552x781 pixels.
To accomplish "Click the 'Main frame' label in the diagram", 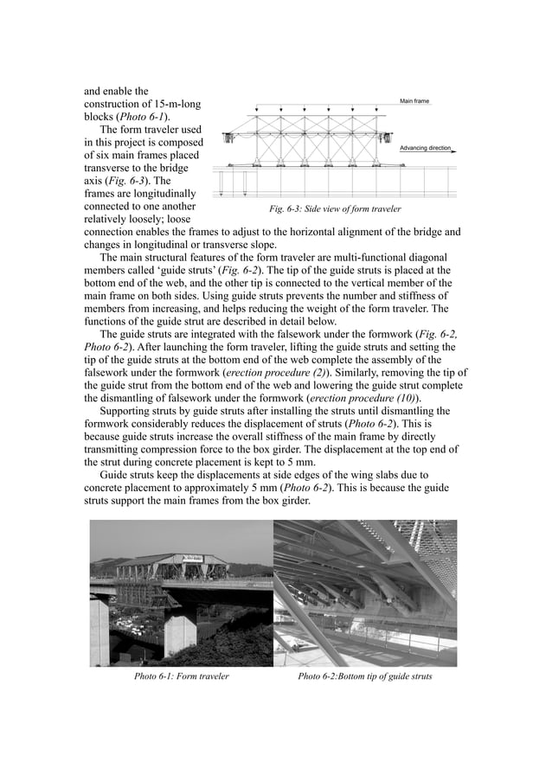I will point(414,101).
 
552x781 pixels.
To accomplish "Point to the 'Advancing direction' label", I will point(424,148).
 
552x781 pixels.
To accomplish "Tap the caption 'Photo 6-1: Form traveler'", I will point(181,675).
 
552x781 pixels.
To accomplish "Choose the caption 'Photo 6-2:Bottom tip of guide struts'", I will point(364,675).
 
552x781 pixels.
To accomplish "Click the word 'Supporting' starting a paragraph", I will point(128,411).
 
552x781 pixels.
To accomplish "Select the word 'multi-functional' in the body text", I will point(342,257).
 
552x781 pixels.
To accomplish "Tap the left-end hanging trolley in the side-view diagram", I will point(228,138).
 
